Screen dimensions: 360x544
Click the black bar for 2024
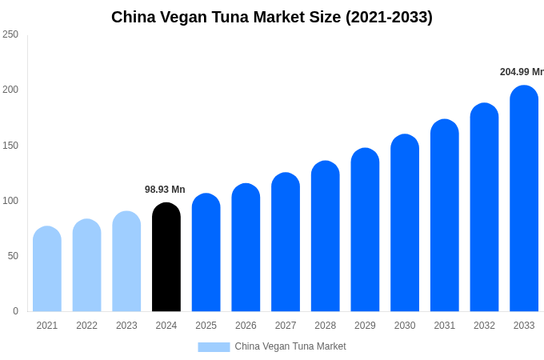click(x=166, y=258)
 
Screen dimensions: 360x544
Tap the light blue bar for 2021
click(x=47, y=269)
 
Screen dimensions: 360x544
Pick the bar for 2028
click(x=326, y=236)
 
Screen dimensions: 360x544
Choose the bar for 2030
click(x=405, y=223)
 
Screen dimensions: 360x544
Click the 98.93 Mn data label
click(x=165, y=190)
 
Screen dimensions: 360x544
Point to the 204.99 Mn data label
click(x=521, y=72)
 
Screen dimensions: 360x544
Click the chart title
click(x=272, y=17)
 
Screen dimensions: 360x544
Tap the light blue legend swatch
click(x=214, y=346)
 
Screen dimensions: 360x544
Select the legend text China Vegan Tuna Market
click(x=290, y=346)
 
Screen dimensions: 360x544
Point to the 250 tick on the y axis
click(x=10, y=34)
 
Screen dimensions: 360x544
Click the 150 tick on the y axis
click(x=10, y=145)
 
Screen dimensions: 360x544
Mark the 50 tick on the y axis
click(x=13, y=256)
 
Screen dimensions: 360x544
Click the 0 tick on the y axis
click(x=15, y=311)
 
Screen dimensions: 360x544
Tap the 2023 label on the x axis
click(x=126, y=326)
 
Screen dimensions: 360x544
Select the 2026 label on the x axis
click(x=246, y=326)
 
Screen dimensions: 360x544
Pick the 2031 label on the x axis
click(x=445, y=326)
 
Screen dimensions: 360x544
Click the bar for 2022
click(x=87, y=266)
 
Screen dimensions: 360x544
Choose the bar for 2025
click(x=206, y=253)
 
